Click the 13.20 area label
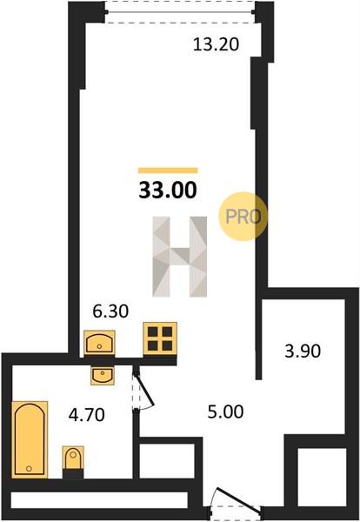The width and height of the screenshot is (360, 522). click(216, 44)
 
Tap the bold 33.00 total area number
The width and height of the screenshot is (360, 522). click(168, 191)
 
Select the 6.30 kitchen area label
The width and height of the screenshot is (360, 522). click(110, 311)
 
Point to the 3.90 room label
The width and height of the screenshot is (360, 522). click(303, 351)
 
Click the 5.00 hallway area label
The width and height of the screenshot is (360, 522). click(225, 412)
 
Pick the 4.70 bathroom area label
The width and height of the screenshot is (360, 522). click(86, 415)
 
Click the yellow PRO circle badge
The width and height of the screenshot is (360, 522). click(243, 217)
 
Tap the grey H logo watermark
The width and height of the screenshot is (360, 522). click(180, 257)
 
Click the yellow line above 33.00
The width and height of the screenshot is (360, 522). click(168, 171)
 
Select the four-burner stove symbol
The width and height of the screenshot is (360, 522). click(160, 338)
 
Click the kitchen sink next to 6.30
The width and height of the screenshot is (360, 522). click(99, 343)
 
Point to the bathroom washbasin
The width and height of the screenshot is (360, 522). click(103, 375)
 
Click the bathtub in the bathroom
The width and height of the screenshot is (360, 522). click(30, 439)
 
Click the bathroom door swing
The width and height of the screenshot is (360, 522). click(145, 390)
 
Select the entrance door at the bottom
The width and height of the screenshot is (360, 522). click(236, 503)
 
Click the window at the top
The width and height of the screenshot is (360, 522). click(180, 12)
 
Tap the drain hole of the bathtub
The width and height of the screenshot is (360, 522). click(29, 469)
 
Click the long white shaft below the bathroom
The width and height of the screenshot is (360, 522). click(99, 500)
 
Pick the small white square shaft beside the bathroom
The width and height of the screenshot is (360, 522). click(167, 461)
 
